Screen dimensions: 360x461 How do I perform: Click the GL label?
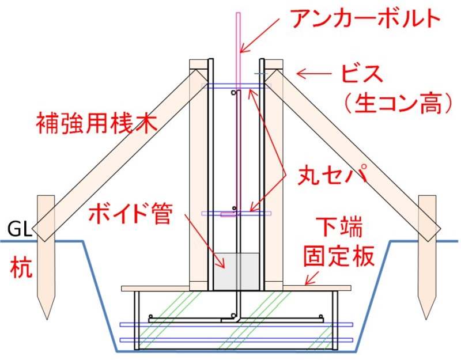[19, 230]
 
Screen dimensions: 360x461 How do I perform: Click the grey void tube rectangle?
[237, 271]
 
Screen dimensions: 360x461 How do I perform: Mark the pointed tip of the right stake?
[426, 318]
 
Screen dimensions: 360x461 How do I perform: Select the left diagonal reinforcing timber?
[115, 153]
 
